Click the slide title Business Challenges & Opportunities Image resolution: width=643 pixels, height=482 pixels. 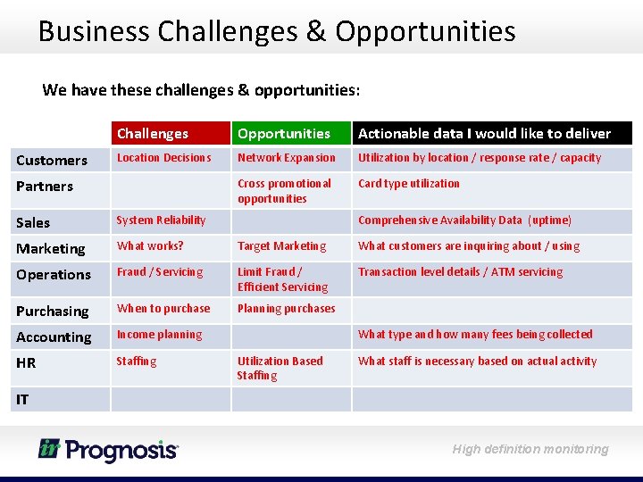277,31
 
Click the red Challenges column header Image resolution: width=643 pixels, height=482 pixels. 153,134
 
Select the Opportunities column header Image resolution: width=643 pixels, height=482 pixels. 284,134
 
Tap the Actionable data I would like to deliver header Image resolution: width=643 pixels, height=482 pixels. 484,134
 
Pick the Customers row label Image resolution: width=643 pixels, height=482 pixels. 52,161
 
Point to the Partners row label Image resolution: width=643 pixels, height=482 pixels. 45,187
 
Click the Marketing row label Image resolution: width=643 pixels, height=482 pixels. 51,248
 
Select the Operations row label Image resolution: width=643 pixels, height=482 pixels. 54,274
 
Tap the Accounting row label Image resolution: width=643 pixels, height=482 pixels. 54,337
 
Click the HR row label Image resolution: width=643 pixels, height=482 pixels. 26,362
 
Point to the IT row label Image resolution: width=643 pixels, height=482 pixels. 22,399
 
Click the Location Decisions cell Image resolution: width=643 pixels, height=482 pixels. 164,158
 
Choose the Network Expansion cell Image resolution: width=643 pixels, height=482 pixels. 287,158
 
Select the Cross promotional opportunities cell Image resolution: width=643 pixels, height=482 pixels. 284,191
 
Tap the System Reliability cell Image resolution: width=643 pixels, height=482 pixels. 161,220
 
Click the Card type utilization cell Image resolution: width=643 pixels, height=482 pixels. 409,184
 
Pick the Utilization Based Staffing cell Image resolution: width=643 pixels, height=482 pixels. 280,368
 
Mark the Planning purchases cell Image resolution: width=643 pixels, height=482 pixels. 286,309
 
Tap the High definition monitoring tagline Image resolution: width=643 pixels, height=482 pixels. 530,449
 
